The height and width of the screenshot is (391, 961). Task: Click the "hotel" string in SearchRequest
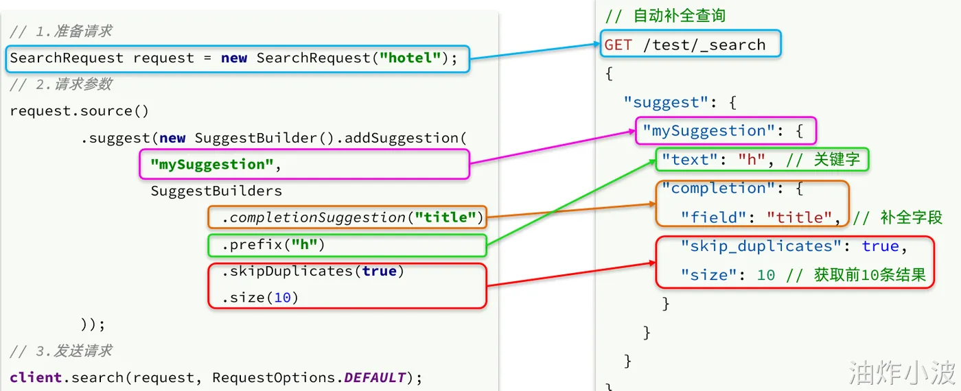pyautogui.click(x=410, y=58)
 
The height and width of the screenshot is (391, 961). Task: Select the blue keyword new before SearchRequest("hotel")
pyautogui.click(x=234, y=58)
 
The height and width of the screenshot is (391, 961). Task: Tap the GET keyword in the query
pyautogui.click(x=618, y=45)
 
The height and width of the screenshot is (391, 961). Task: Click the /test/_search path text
pyautogui.click(x=704, y=45)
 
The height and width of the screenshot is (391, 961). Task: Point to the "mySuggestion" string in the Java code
pyautogui.click(x=212, y=164)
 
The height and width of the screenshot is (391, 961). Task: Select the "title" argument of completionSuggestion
pyautogui.click(x=445, y=217)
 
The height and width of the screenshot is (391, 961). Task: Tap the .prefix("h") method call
pyautogui.click(x=273, y=245)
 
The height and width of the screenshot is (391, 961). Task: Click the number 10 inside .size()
pyautogui.click(x=282, y=298)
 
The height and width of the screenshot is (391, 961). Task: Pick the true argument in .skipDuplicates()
pyautogui.click(x=379, y=271)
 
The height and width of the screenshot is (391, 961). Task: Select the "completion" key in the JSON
pyautogui.click(x=719, y=188)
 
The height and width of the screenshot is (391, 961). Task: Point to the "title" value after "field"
pyautogui.click(x=800, y=217)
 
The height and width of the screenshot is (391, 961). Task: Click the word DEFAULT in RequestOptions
pyautogui.click(x=375, y=378)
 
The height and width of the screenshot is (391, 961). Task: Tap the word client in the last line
pyautogui.click(x=36, y=378)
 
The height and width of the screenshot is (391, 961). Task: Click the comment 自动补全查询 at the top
pyautogui.click(x=680, y=16)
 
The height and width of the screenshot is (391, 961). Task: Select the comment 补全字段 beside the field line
pyautogui.click(x=912, y=217)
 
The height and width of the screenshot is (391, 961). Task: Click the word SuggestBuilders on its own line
pyautogui.click(x=216, y=191)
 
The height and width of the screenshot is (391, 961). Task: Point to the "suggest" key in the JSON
pyautogui.click(x=665, y=102)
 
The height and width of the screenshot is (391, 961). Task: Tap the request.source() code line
pyautogui.click(x=80, y=111)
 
